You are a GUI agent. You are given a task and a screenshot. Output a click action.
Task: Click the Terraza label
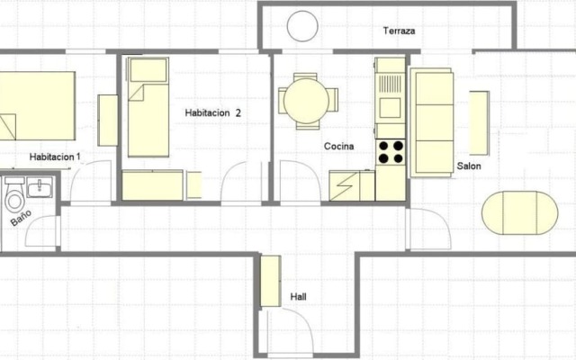[x=399, y=31]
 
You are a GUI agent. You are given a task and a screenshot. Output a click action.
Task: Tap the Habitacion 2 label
[x=213, y=112]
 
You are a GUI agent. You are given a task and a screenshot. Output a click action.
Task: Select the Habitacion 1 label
[x=55, y=157]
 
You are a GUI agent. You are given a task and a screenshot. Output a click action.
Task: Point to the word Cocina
[x=339, y=146]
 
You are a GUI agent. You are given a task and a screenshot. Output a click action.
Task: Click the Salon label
[x=468, y=166]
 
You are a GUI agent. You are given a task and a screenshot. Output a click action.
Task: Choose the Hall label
[x=299, y=296]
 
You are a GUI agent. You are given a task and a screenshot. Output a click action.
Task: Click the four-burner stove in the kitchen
[x=391, y=152]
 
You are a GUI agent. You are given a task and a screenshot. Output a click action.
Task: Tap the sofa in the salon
[x=432, y=121]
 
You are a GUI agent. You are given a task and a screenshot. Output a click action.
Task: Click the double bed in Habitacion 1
[x=36, y=106]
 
